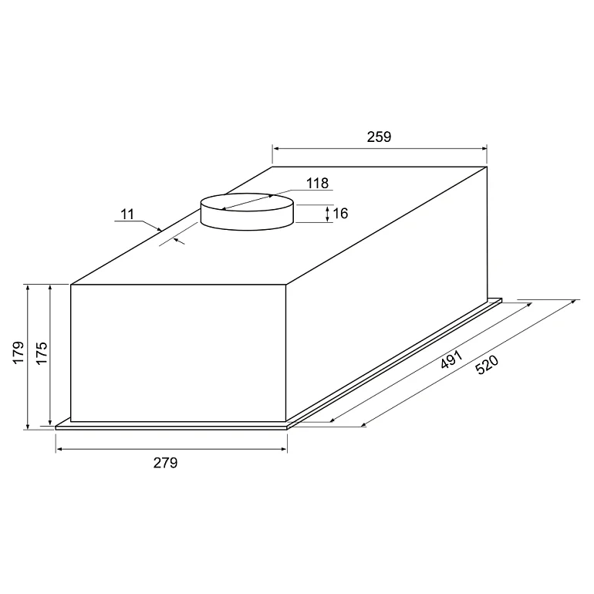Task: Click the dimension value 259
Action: click(x=379, y=137)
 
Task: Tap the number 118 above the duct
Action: click(x=318, y=184)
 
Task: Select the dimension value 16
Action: click(x=340, y=214)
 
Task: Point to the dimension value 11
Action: click(x=127, y=214)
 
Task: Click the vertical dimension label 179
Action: click(x=19, y=353)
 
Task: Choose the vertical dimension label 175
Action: click(x=42, y=353)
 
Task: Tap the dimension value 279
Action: click(x=165, y=463)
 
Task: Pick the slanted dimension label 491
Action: click(x=451, y=359)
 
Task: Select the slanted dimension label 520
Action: click(x=487, y=364)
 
